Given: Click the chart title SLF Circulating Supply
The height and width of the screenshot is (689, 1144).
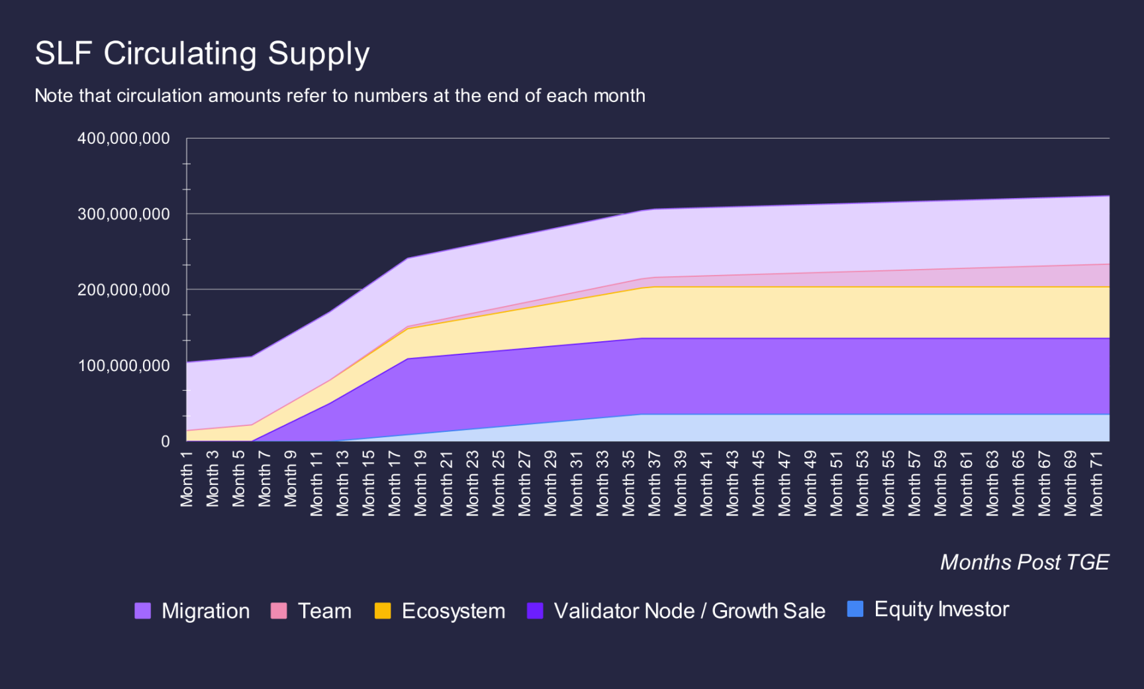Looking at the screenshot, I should pos(202,54).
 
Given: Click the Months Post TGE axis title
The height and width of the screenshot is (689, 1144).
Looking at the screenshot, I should pos(1024,562).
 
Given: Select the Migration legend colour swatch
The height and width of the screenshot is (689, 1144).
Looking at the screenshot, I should pos(142,611).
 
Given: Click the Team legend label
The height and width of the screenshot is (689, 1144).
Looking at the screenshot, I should pos(324,611).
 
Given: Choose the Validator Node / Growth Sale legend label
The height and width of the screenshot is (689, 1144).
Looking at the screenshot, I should pos(689,611).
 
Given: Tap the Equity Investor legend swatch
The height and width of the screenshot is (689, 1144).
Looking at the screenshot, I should pos(855,609).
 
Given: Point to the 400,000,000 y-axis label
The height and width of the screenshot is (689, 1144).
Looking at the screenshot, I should pos(124,139).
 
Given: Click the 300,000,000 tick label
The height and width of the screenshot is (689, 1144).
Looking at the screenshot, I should pos(124,215).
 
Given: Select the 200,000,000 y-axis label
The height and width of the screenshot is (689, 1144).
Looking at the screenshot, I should pos(124,290).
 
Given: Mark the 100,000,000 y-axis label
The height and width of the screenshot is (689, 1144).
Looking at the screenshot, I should pos(124,366).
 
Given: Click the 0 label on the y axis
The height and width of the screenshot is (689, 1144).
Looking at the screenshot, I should pos(166,441).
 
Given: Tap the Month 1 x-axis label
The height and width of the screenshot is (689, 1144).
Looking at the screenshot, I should pos(187,479).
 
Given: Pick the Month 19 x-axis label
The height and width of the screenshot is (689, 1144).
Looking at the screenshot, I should pos(420,483).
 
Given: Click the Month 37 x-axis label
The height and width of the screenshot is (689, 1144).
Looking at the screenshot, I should pos(654,483).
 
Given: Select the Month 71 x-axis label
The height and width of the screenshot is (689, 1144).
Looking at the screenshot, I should pos(1096,483).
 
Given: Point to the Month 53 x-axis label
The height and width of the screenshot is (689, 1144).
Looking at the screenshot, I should pos(862,483).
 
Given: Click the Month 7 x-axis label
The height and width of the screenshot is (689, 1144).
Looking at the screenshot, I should pos(265,479).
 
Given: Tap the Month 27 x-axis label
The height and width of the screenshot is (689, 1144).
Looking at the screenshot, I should pos(524,483).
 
